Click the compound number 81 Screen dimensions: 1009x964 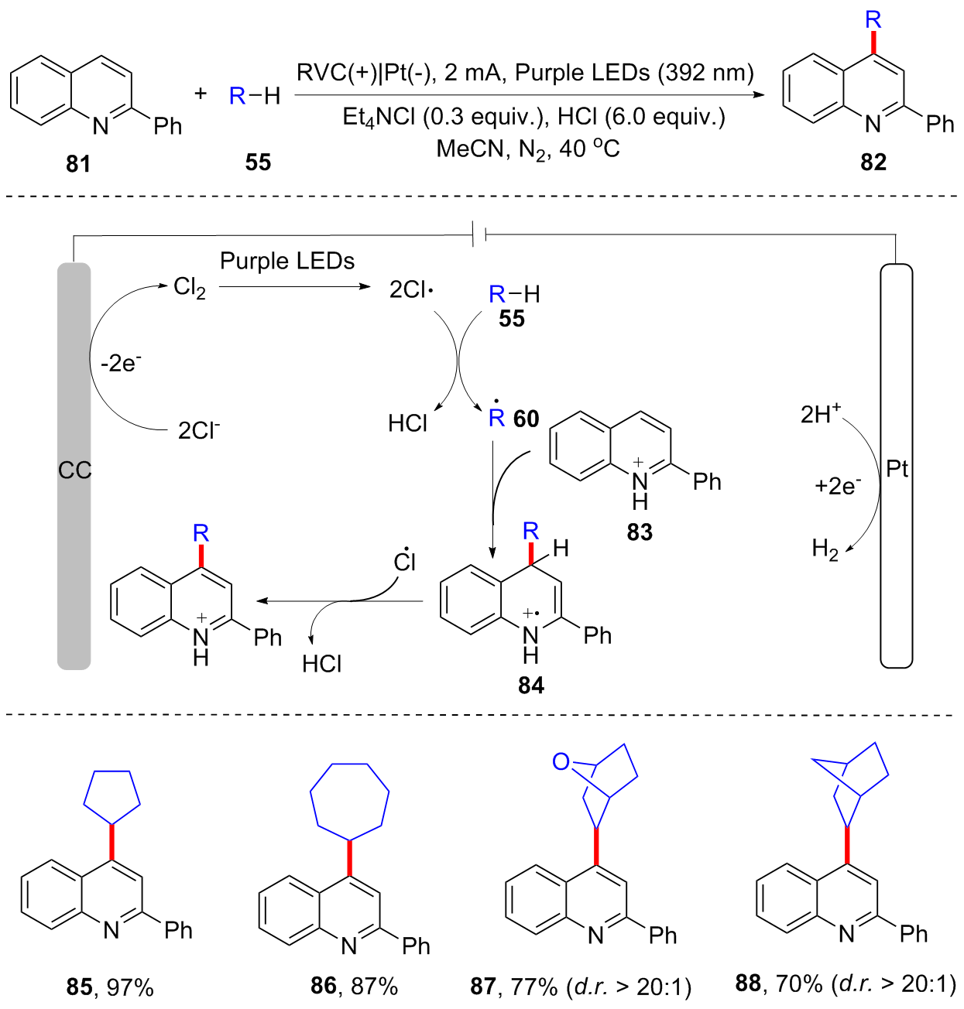click(78, 163)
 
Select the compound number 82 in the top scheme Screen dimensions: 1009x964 click(873, 162)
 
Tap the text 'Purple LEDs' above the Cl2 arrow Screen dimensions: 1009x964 click(287, 262)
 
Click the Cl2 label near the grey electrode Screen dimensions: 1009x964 click(189, 288)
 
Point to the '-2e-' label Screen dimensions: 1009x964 click(121, 362)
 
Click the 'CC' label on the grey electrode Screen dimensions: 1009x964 click(74, 470)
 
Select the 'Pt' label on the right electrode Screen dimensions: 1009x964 click(897, 468)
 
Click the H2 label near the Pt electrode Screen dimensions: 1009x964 click(825, 549)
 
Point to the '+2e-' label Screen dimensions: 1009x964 click(837, 485)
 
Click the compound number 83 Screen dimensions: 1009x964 click(640, 532)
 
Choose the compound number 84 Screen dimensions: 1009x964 click(531, 686)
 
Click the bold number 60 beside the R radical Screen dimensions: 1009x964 click(526, 419)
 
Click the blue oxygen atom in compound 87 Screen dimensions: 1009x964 click(561, 762)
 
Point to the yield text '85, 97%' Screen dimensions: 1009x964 click(110, 987)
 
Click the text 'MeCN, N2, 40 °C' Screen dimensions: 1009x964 click(528, 149)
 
